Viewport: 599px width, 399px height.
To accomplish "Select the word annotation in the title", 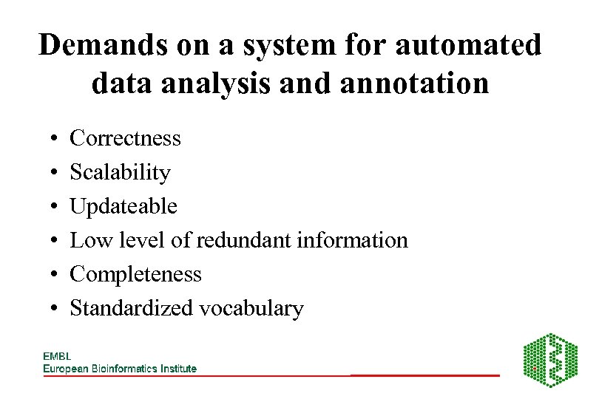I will pos(417,83).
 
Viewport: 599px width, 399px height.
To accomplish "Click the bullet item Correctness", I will pos(125,138).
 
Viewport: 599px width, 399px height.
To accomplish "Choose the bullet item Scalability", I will pos(120,172).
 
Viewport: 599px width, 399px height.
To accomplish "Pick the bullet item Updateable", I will pos(123,206).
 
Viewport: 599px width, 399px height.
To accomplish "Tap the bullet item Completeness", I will pos(135,274).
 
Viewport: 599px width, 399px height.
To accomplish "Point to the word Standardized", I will pos(130,308).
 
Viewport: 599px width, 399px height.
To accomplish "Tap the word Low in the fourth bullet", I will pos(87,240).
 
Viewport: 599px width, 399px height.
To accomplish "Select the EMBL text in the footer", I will pos(57,356).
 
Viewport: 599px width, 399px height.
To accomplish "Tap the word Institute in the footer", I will pos(177,369).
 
